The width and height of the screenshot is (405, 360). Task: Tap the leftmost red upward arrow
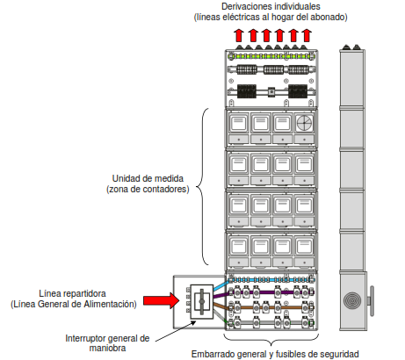(x=239, y=35)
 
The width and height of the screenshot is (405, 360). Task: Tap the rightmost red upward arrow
(x=306, y=35)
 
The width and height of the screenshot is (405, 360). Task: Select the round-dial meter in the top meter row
(x=304, y=123)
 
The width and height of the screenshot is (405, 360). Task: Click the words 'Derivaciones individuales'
(x=271, y=6)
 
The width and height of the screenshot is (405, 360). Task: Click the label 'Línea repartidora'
(x=74, y=293)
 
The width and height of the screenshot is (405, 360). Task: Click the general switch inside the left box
(x=199, y=302)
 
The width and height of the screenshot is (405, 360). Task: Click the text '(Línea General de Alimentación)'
(x=74, y=304)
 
